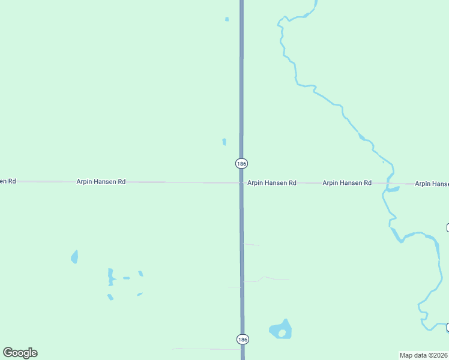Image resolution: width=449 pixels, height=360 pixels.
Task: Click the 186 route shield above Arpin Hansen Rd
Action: click(x=241, y=163)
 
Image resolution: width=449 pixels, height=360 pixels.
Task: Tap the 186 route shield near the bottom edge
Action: click(x=242, y=339)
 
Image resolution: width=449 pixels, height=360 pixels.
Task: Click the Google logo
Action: click(x=20, y=353)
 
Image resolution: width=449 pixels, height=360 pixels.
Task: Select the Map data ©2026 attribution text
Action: click(x=424, y=355)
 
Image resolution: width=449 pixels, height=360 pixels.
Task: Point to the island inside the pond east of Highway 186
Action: click(x=282, y=333)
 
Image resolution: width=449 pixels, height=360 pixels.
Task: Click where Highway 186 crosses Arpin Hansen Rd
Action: click(x=241, y=182)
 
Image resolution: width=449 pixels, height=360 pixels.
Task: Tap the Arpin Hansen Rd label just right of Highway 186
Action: click(x=272, y=182)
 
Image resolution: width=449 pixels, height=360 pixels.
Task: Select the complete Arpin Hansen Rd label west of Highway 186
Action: click(x=101, y=181)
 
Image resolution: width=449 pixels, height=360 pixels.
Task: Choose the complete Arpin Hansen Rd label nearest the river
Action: click(x=347, y=182)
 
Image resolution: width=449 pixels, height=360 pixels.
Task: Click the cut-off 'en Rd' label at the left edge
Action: click(x=8, y=181)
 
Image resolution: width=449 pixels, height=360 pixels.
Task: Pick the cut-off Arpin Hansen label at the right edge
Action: click(x=432, y=183)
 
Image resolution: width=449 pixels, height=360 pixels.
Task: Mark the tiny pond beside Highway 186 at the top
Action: click(x=227, y=19)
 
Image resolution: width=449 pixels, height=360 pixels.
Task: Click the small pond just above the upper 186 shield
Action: click(x=224, y=142)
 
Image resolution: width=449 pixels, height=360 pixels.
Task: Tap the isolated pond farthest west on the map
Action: click(x=74, y=257)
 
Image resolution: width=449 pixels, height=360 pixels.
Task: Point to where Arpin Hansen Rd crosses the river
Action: click(x=389, y=184)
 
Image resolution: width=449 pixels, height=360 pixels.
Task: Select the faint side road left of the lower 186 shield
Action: click(x=204, y=349)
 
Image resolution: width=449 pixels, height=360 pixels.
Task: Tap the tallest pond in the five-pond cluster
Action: click(x=110, y=277)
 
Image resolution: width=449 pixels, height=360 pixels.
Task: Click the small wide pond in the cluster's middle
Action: click(x=126, y=278)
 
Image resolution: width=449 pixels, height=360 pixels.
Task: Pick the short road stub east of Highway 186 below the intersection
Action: click(x=251, y=244)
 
